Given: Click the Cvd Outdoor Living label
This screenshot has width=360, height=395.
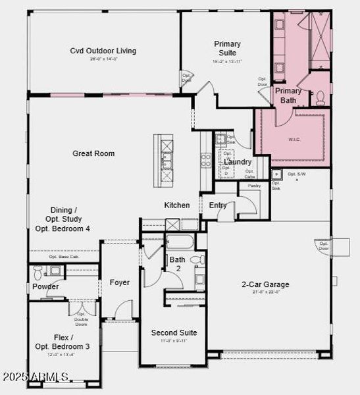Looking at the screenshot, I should [103, 51].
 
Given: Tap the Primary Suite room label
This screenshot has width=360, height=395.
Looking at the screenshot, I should [228, 48].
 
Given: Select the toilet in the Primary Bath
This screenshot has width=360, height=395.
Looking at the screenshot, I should [321, 98].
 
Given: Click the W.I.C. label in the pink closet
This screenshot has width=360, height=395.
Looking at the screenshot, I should [294, 139].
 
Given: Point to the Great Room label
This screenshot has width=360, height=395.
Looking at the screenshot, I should [93, 153].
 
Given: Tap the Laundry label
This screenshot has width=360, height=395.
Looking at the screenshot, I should [237, 162].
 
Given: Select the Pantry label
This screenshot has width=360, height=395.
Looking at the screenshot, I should [254, 186].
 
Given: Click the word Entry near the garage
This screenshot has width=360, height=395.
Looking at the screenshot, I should [218, 205].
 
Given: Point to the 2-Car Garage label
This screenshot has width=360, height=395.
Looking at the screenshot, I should [265, 284].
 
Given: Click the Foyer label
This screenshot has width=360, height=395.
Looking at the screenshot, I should [119, 282].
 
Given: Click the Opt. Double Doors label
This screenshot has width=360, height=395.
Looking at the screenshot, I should [82, 319].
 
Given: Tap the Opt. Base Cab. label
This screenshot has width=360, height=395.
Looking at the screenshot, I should [63, 257].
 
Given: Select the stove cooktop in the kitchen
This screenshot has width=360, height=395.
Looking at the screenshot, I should [205, 161].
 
